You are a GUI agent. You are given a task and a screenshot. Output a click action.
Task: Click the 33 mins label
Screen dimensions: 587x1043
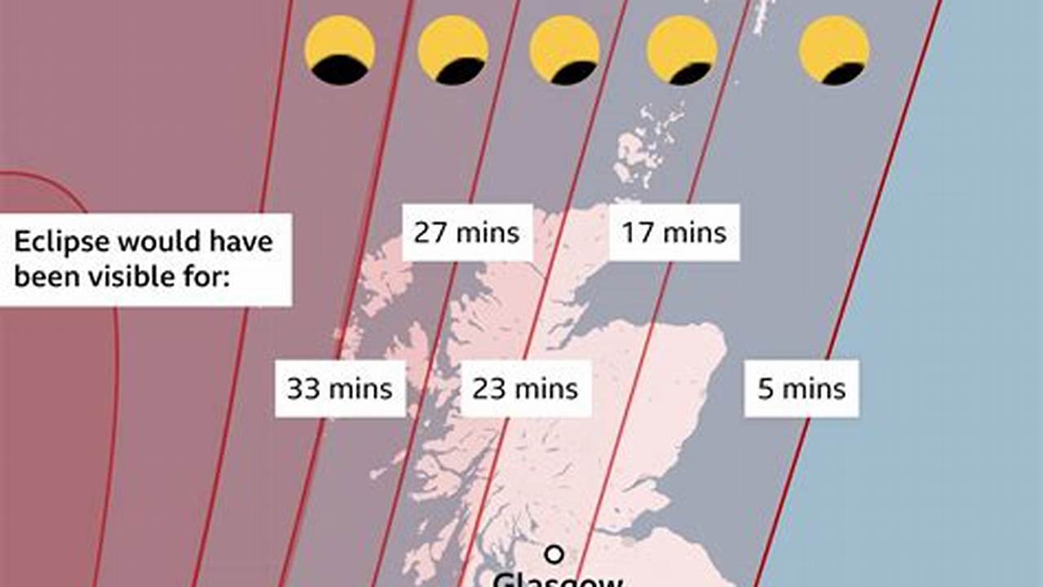(x=340, y=389)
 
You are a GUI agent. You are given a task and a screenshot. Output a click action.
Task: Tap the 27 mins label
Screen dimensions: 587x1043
(x=466, y=233)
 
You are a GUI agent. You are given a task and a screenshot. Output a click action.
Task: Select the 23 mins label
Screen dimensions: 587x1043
(x=525, y=389)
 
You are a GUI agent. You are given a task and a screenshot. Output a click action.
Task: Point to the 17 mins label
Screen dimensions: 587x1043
(x=674, y=233)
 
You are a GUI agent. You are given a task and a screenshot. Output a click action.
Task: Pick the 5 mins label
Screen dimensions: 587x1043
(x=802, y=389)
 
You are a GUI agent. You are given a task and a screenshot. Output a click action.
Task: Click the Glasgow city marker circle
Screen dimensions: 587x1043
(x=555, y=555)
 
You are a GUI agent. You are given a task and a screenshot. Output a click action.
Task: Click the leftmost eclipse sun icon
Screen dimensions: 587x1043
(x=340, y=50)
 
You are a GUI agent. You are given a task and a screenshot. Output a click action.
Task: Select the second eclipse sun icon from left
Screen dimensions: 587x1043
(x=453, y=50)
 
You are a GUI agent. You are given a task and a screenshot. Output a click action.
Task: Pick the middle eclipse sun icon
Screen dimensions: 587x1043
(x=565, y=50)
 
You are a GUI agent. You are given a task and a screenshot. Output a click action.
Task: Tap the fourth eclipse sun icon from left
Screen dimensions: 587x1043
(x=682, y=50)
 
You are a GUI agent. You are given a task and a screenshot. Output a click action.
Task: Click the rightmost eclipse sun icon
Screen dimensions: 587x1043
(x=834, y=50)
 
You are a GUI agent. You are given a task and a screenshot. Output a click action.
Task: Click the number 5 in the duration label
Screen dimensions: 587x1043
(x=765, y=389)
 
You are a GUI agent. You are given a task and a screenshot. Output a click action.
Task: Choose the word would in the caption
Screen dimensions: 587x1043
(x=159, y=242)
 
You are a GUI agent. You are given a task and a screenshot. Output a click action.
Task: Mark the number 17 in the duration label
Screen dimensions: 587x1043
(x=637, y=233)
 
